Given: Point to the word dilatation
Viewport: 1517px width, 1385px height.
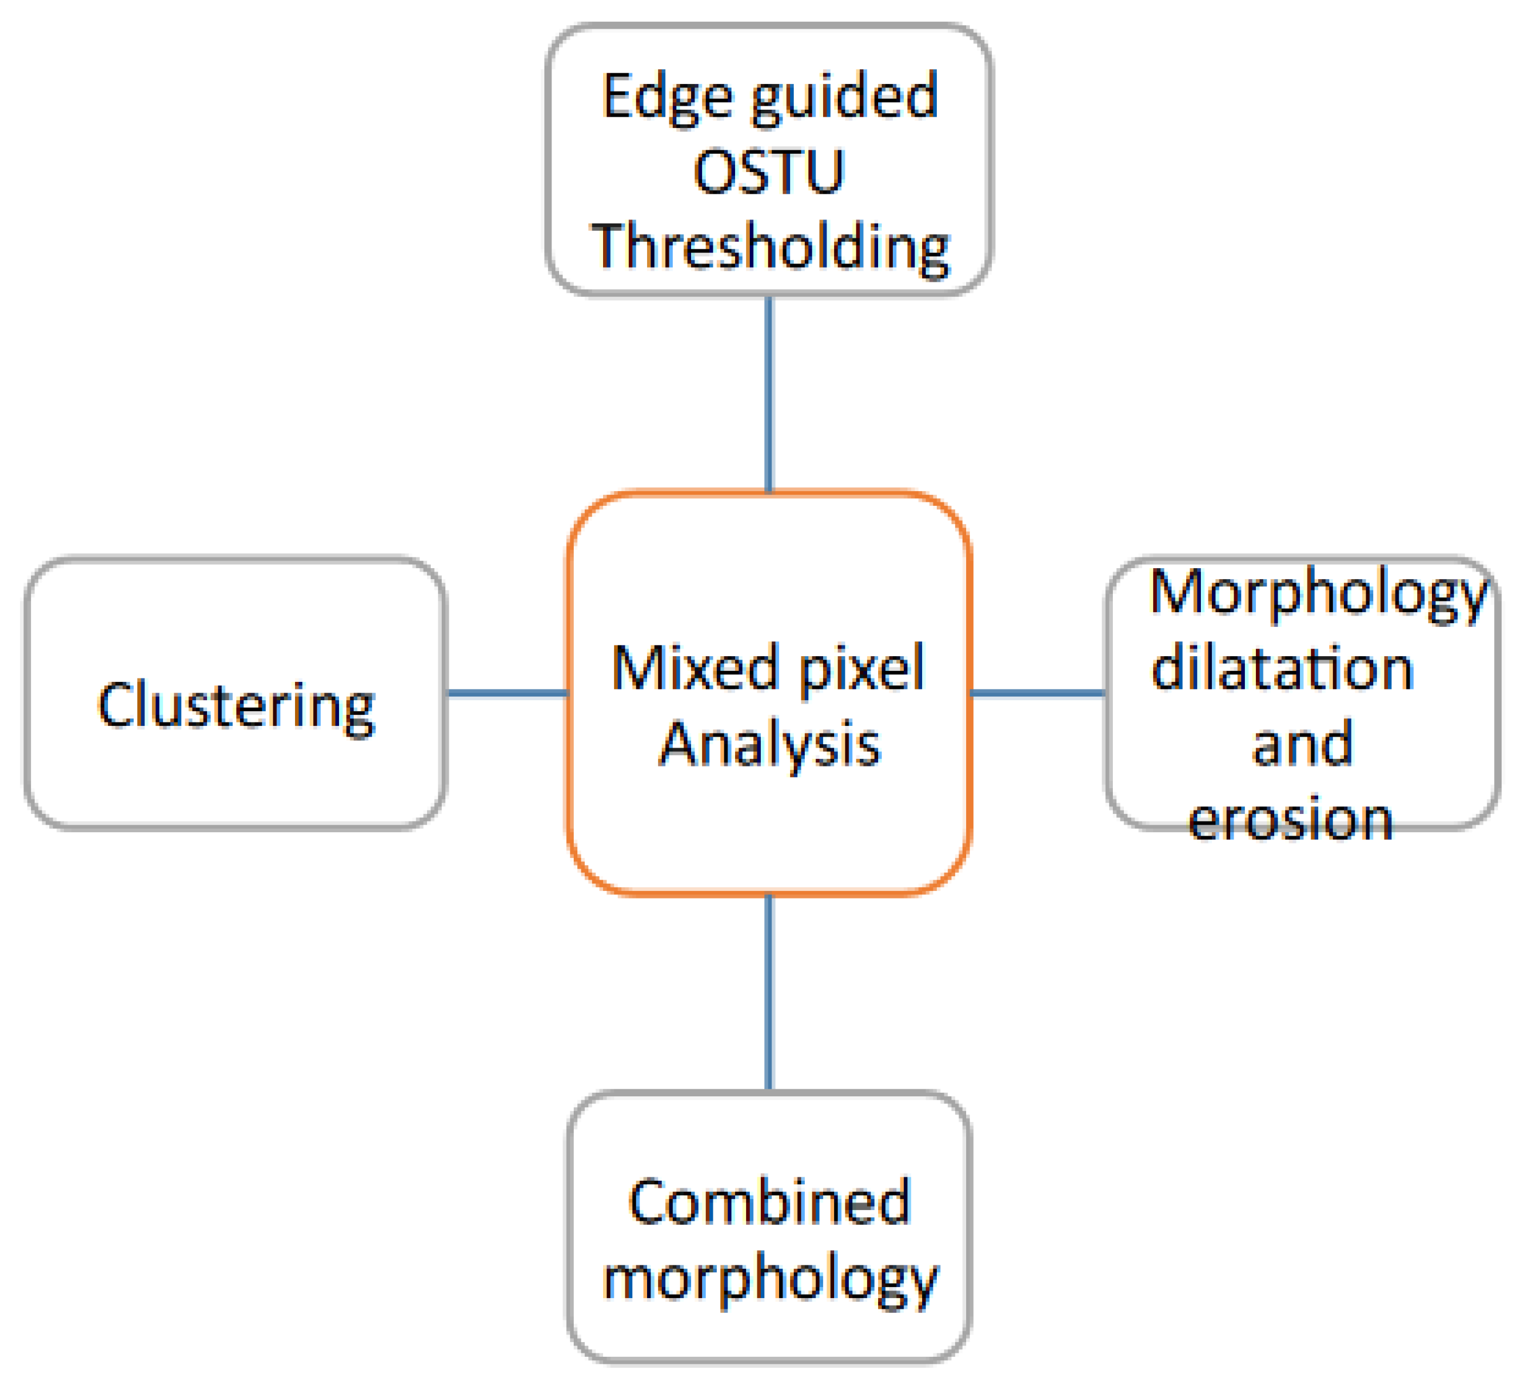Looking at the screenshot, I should coord(1282,669).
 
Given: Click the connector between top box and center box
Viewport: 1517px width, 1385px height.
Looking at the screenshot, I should coord(768,394).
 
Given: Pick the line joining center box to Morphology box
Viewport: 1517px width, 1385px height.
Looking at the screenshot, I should coord(1038,692).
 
